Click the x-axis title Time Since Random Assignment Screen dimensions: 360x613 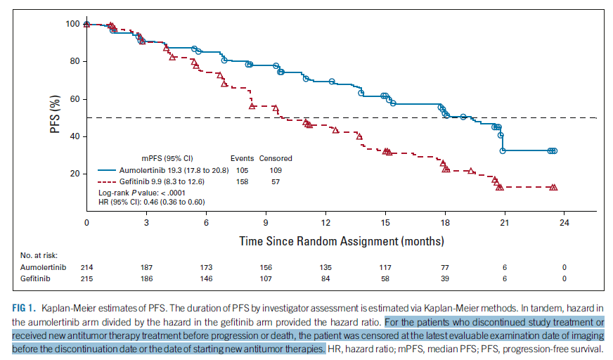pos(342,241)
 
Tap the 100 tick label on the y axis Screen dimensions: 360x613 pos(71,25)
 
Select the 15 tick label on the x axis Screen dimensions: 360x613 pos(385,223)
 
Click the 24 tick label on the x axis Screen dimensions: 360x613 pos(564,223)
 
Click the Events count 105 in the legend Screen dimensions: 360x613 pos(242,170)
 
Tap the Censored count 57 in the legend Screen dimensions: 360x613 pos(275,181)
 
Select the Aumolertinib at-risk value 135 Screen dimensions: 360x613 pos(325,268)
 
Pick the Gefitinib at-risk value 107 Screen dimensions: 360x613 pos(266,279)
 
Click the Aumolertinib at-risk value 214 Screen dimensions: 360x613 pos(86,268)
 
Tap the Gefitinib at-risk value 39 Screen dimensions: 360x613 pos(444,279)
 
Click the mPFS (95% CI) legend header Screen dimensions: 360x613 pos(169,158)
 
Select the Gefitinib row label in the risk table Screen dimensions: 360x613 pos(34,279)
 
